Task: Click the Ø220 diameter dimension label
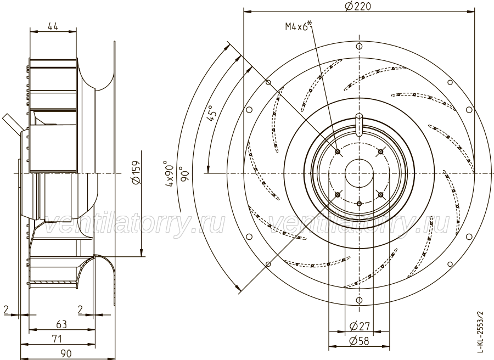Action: click(358, 6)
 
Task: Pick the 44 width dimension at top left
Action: click(53, 26)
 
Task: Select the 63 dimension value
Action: click(61, 324)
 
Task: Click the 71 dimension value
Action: click(57, 339)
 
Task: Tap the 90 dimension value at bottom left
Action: click(65, 353)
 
